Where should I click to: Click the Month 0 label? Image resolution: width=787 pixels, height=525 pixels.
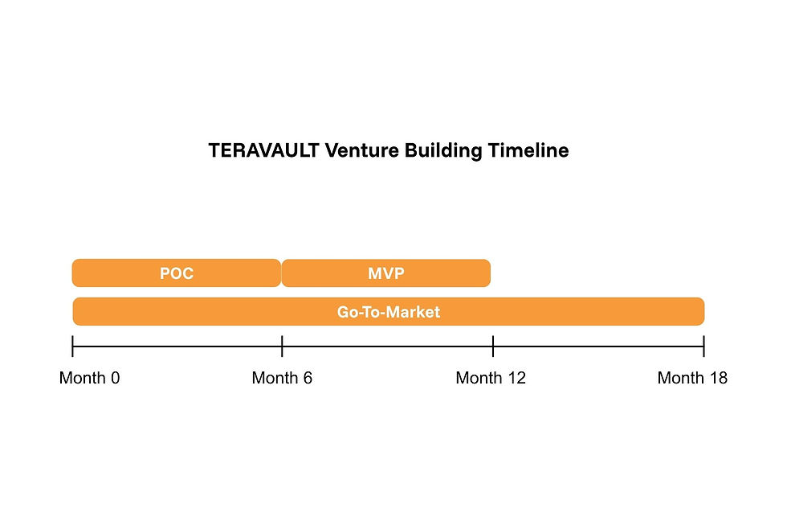[89, 378]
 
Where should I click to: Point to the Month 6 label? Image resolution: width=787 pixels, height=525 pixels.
[282, 378]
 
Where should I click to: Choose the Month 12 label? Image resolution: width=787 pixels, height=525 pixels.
[491, 378]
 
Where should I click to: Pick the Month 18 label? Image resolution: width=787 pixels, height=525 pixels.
[692, 378]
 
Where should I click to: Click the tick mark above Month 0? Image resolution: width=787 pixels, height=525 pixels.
[73, 347]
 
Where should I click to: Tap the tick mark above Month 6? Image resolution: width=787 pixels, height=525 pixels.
[282, 347]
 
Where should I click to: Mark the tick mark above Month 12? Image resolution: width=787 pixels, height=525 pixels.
[493, 347]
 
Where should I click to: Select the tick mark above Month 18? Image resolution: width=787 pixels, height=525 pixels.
[703, 347]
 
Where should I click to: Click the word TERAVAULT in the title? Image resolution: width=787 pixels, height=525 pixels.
[263, 151]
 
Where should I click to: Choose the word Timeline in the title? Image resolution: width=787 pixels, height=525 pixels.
[529, 151]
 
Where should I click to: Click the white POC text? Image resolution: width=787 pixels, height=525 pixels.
[177, 273]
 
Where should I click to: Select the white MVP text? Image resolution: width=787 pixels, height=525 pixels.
[385, 273]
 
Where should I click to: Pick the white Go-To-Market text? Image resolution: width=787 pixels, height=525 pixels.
[389, 312]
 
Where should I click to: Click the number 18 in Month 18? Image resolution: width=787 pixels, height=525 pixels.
[717, 378]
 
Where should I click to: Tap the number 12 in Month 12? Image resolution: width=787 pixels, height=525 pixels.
[516, 378]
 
